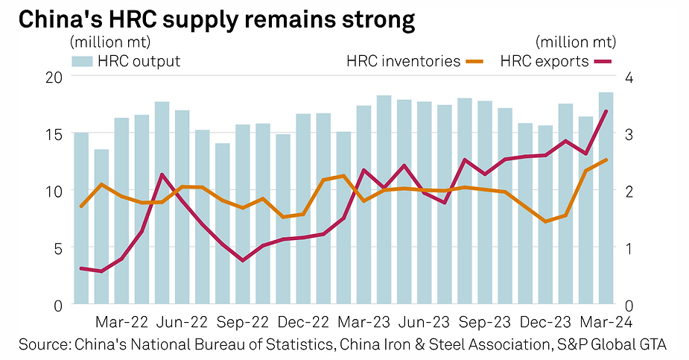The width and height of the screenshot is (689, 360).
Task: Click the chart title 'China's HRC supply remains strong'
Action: [x=215, y=20]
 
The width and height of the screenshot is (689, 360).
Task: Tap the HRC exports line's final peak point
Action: [x=606, y=112]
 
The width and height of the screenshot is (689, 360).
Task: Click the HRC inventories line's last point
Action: [x=606, y=160]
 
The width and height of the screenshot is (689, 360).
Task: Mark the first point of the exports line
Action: [x=81, y=268]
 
